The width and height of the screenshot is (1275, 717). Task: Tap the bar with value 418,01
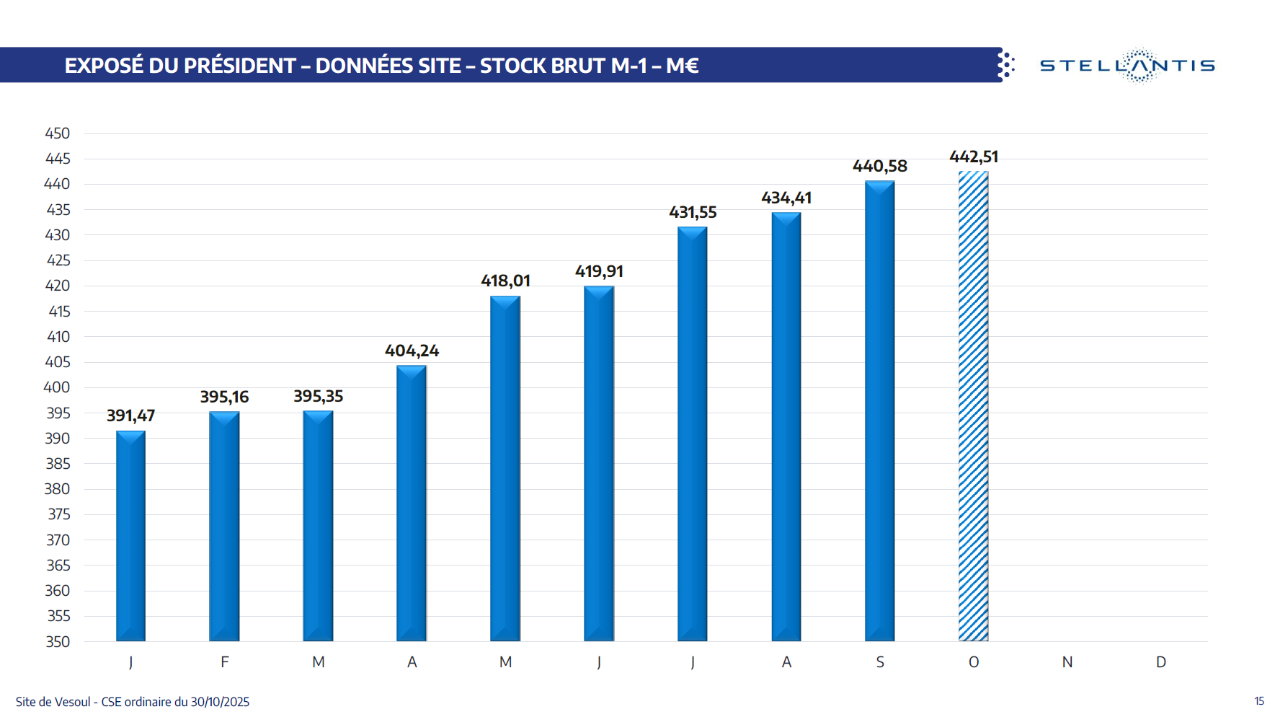pyautogui.click(x=505, y=468)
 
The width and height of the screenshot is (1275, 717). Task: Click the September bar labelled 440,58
pyautogui.click(x=879, y=410)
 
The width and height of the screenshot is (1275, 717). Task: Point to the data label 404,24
pyautogui.click(x=412, y=351)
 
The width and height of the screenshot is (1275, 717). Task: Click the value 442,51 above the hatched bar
pyautogui.click(x=974, y=157)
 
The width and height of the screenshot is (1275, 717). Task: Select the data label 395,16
pyautogui.click(x=224, y=397)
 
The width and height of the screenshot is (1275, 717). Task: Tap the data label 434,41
pyautogui.click(x=786, y=198)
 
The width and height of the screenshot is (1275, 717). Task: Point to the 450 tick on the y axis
pyautogui.click(x=58, y=133)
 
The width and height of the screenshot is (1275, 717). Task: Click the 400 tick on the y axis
pyautogui.click(x=58, y=387)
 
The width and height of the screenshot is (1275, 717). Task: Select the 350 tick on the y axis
pyautogui.click(x=58, y=641)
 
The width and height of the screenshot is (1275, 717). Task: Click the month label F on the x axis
pyautogui.click(x=225, y=662)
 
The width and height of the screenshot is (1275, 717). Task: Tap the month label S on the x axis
pyautogui.click(x=880, y=662)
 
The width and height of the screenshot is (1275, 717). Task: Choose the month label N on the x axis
pyautogui.click(x=1067, y=662)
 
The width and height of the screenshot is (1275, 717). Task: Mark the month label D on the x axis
pyautogui.click(x=1161, y=662)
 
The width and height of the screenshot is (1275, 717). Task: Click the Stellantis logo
pyautogui.click(x=1127, y=66)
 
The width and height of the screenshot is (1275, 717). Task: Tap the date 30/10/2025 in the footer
pyautogui.click(x=220, y=702)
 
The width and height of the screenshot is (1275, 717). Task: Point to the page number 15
pyautogui.click(x=1259, y=701)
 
